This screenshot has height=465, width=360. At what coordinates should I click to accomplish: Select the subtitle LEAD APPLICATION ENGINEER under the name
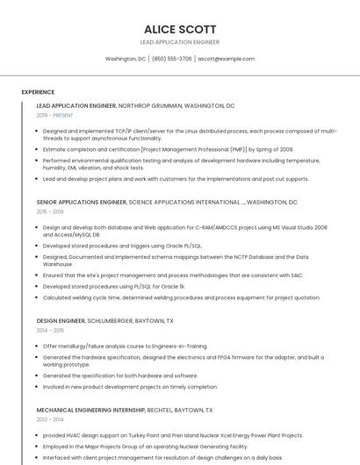tap(179, 42)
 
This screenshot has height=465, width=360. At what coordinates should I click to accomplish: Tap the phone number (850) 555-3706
tap(171, 59)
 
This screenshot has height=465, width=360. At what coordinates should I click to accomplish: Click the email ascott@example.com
tap(226, 59)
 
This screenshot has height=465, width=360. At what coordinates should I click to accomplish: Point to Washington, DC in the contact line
tap(125, 59)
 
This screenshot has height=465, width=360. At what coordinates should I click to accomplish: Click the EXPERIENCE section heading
tap(38, 92)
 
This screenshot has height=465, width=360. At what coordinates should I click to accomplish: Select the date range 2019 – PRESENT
tap(55, 115)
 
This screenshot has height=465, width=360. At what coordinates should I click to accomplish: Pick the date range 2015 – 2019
tap(50, 211)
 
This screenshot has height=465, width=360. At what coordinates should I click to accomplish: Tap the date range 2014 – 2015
tap(50, 331)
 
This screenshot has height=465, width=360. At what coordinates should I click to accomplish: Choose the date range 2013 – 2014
tap(50, 419)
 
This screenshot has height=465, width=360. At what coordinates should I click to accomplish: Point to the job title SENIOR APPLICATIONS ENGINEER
tap(81, 202)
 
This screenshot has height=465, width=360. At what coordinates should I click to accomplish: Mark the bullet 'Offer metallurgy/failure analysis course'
tap(125, 346)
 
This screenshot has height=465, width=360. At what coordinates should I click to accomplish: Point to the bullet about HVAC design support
tap(172, 435)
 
